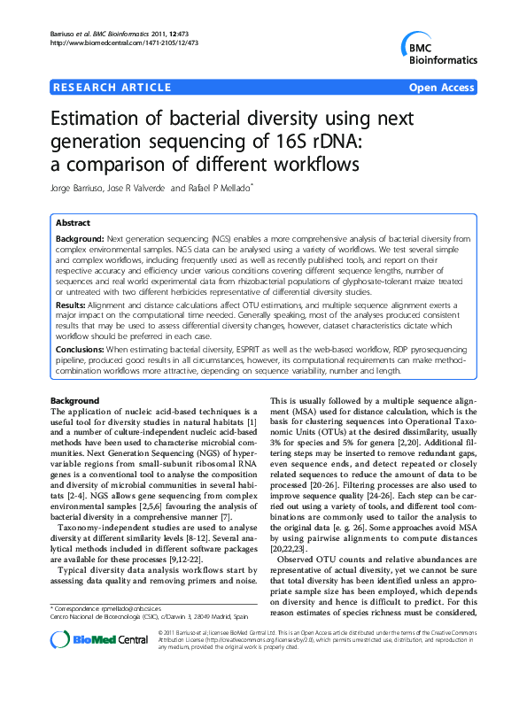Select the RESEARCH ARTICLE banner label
click(112, 87)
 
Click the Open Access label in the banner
click(442, 87)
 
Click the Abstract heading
click(73, 223)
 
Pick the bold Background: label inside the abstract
click(79, 240)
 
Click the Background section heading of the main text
click(75, 401)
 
